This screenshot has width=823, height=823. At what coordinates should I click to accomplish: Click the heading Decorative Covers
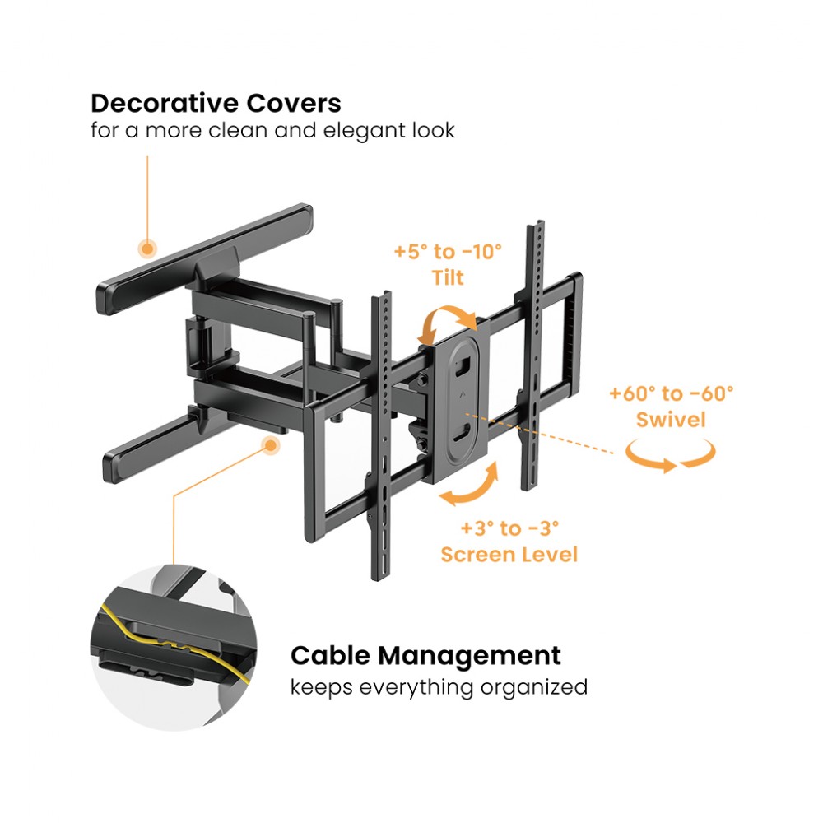click(x=216, y=104)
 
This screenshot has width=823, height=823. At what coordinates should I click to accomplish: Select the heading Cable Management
click(x=425, y=656)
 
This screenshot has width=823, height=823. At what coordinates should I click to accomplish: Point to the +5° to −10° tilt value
click(x=448, y=252)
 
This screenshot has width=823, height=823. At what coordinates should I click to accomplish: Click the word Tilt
click(x=448, y=277)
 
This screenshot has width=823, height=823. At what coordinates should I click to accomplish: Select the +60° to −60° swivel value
click(x=672, y=393)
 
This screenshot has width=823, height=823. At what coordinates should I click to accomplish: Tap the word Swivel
click(x=671, y=420)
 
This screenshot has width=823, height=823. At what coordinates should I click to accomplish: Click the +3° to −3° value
click(x=509, y=528)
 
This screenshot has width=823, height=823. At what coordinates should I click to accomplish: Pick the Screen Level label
click(x=509, y=555)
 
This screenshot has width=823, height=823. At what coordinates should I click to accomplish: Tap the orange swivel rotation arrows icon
click(x=671, y=456)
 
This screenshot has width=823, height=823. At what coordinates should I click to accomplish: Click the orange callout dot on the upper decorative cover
click(x=147, y=249)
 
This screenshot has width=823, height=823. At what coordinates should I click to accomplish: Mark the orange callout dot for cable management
click(x=270, y=445)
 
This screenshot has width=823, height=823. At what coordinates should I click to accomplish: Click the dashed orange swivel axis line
click(x=540, y=433)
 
